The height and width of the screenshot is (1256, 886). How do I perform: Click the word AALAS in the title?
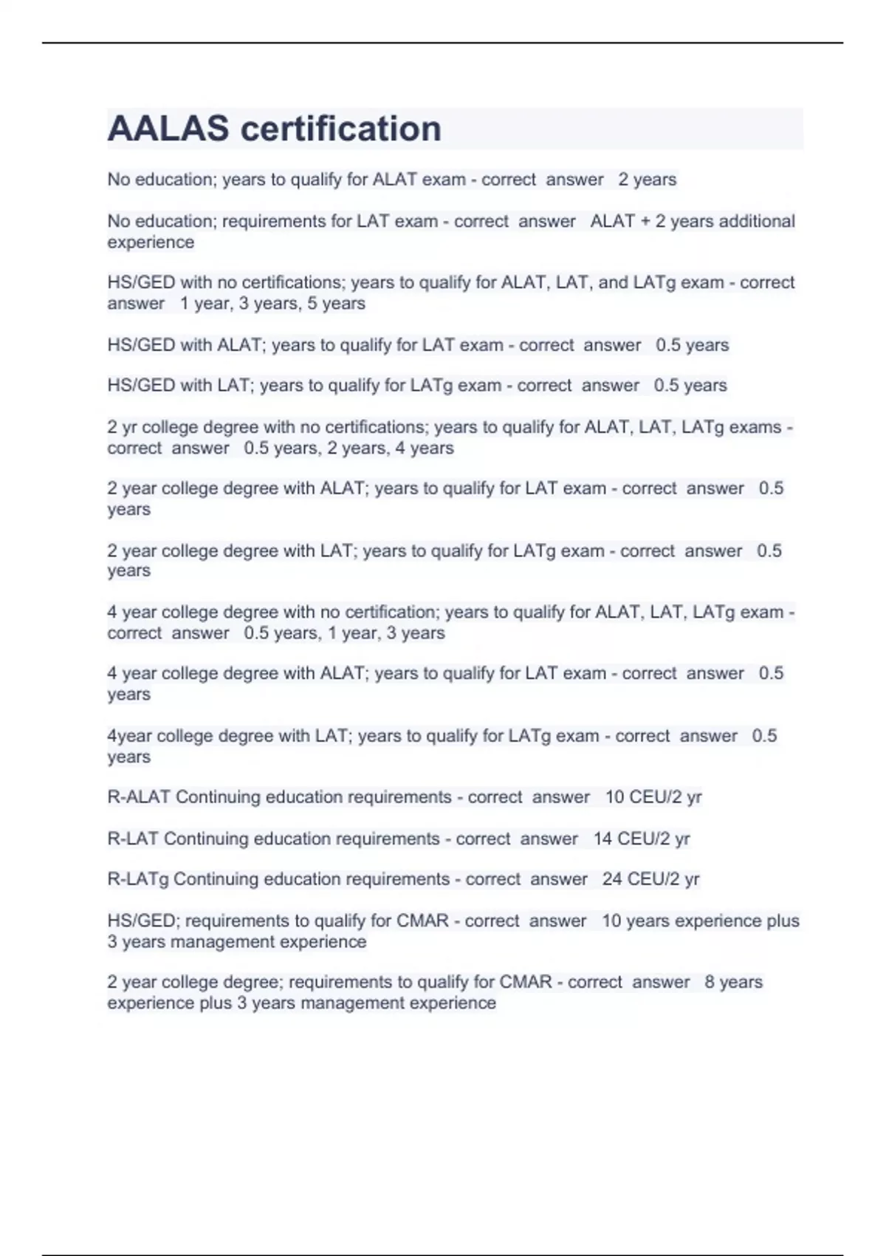(x=168, y=129)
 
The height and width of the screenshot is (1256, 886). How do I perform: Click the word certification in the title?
(x=341, y=129)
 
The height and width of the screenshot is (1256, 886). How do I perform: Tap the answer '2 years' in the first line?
(x=647, y=180)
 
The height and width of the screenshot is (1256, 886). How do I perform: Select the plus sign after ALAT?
(x=645, y=222)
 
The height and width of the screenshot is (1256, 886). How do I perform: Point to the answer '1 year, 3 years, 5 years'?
(x=272, y=304)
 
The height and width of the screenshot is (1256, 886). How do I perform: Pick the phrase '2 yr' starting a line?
(x=122, y=427)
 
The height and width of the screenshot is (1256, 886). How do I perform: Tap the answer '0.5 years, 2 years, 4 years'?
(x=348, y=448)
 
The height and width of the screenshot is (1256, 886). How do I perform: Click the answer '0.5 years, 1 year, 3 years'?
(x=344, y=633)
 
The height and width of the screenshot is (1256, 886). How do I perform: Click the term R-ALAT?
(x=139, y=797)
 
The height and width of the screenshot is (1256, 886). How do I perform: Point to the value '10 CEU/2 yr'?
(x=653, y=797)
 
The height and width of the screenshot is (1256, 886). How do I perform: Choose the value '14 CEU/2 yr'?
(x=641, y=839)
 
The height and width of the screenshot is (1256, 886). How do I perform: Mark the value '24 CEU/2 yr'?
(x=650, y=879)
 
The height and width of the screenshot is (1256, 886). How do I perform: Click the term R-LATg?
(x=138, y=879)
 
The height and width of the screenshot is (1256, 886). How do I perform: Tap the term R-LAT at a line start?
(x=133, y=839)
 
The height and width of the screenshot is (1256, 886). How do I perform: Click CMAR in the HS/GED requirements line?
(x=422, y=921)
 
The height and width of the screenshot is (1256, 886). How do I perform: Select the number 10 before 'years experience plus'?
(x=611, y=921)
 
